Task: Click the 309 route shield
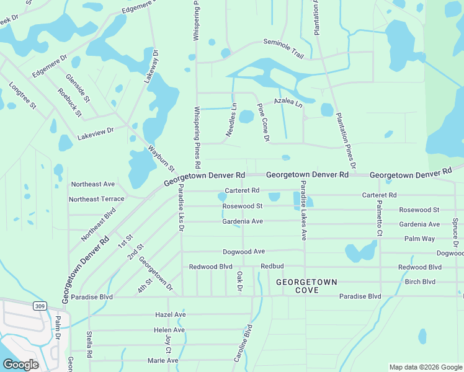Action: tap(40, 306)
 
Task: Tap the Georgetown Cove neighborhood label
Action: tap(306, 286)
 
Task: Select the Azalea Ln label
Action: tap(288, 102)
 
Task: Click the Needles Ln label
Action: tap(231, 120)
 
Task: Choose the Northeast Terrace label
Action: tap(96, 199)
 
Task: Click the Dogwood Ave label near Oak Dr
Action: tap(244, 252)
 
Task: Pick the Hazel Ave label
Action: tap(170, 315)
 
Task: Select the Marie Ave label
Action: tap(163, 360)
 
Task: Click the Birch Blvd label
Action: tap(420, 281)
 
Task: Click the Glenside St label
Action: tap(78, 88)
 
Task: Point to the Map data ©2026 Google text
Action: tap(425, 367)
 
